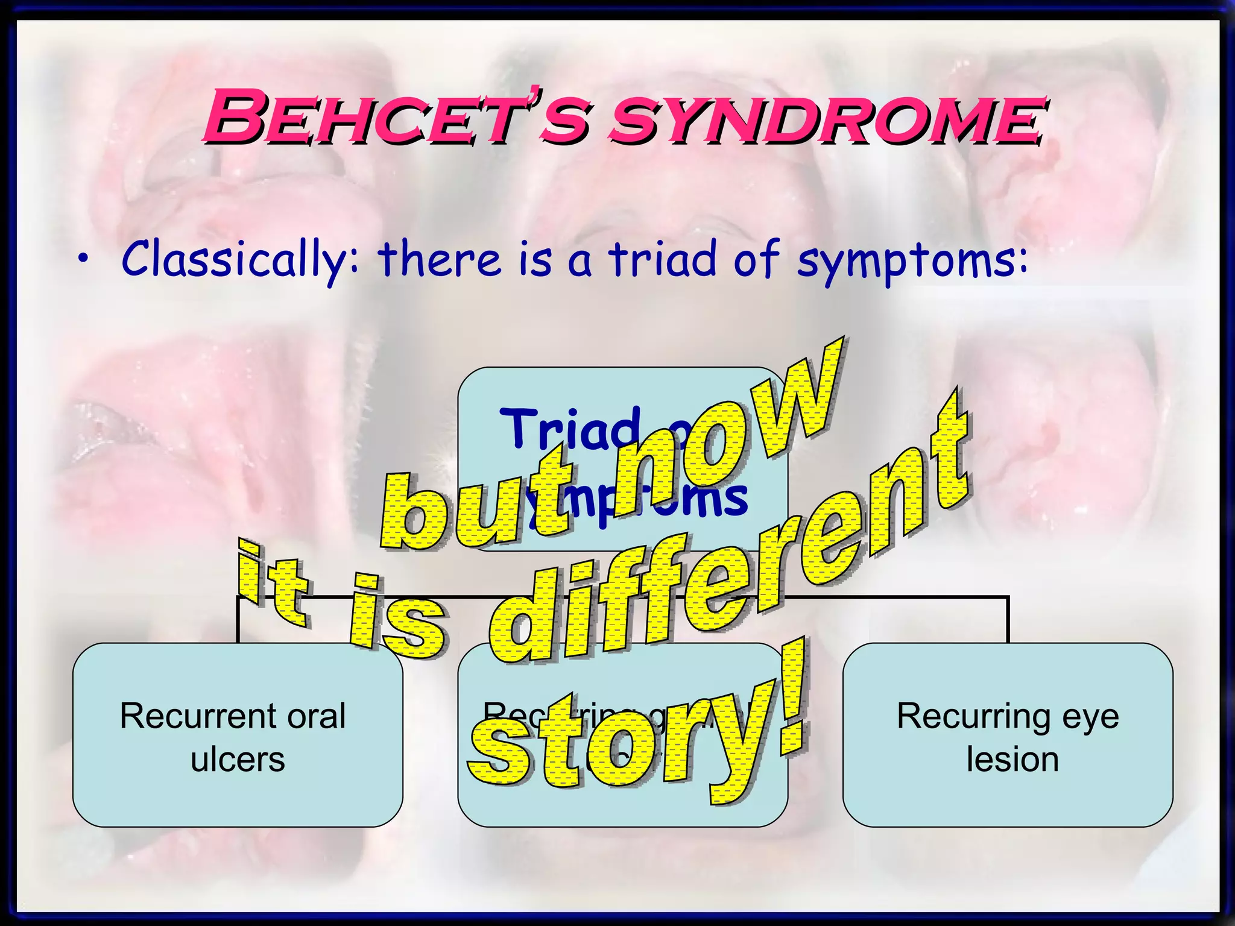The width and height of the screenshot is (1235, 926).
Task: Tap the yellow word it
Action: [x=274, y=582]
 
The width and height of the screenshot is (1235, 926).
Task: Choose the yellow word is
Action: [x=398, y=618]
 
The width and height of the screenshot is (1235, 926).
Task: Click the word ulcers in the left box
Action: [x=238, y=760]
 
